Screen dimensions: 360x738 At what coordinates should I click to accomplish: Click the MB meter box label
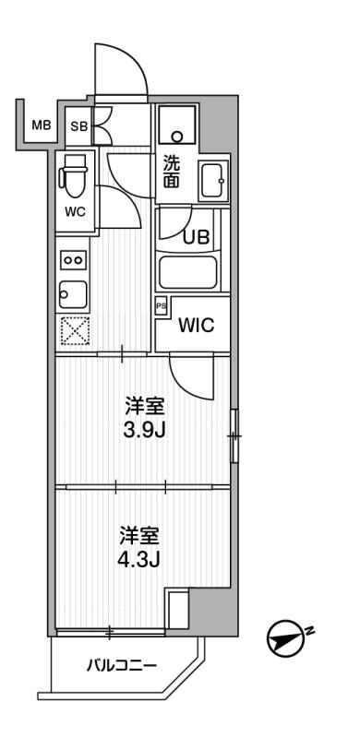pyautogui.click(x=41, y=125)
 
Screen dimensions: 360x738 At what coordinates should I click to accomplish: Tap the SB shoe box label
pyautogui.click(x=79, y=126)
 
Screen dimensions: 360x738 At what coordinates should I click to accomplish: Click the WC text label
pyautogui.click(x=76, y=212)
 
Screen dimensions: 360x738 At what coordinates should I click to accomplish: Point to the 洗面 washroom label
pyautogui.click(x=172, y=172)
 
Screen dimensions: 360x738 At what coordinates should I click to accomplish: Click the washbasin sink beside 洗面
pyautogui.click(x=214, y=181)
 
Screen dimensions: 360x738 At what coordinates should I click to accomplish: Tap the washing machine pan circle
pyautogui.click(x=176, y=137)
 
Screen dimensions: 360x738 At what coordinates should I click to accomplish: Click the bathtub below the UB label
pyautogui.click(x=187, y=272)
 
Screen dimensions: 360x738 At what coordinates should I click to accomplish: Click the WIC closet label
pyautogui.click(x=196, y=326)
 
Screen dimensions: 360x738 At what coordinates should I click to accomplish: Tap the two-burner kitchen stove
pyautogui.click(x=73, y=260)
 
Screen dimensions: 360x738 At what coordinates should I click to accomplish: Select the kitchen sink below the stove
pyautogui.click(x=73, y=294)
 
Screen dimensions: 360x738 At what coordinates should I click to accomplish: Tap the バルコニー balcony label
pyautogui.click(x=121, y=666)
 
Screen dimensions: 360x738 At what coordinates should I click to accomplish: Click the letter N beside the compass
pyautogui.click(x=309, y=631)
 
